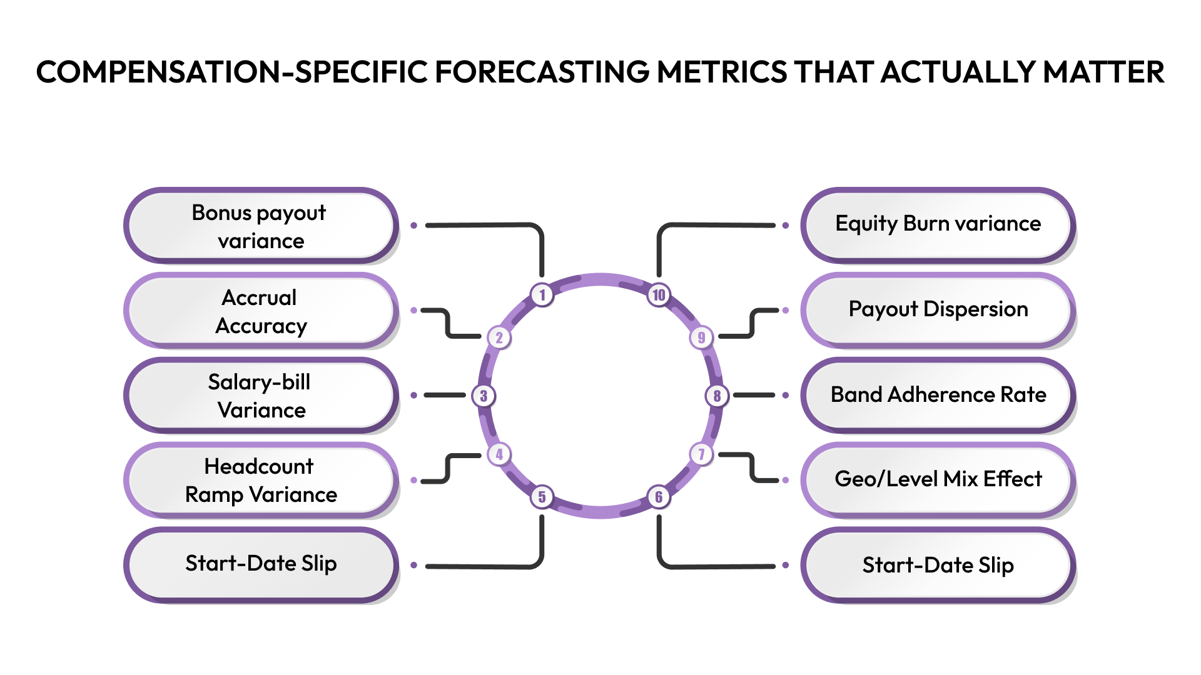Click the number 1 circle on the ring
tap(542, 294)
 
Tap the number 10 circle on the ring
tap(659, 294)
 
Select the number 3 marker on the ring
tap(484, 396)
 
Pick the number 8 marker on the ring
tap(717, 396)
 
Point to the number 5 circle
tap(542, 497)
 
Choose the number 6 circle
tap(659, 497)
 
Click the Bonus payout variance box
tap(261, 226)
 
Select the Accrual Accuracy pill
tap(261, 311)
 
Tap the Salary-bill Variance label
tap(261, 396)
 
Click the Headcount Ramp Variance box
tap(261, 480)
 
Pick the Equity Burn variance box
tap(938, 224)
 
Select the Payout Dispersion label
tap(938, 309)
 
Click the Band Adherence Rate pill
tap(938, 395)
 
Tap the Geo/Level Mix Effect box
tap(938, 479)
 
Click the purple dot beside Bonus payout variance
tap(413, 225)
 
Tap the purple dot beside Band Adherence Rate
tap(786, 395)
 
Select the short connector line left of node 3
tap(445, 395)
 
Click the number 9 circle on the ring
tap(701, 337)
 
